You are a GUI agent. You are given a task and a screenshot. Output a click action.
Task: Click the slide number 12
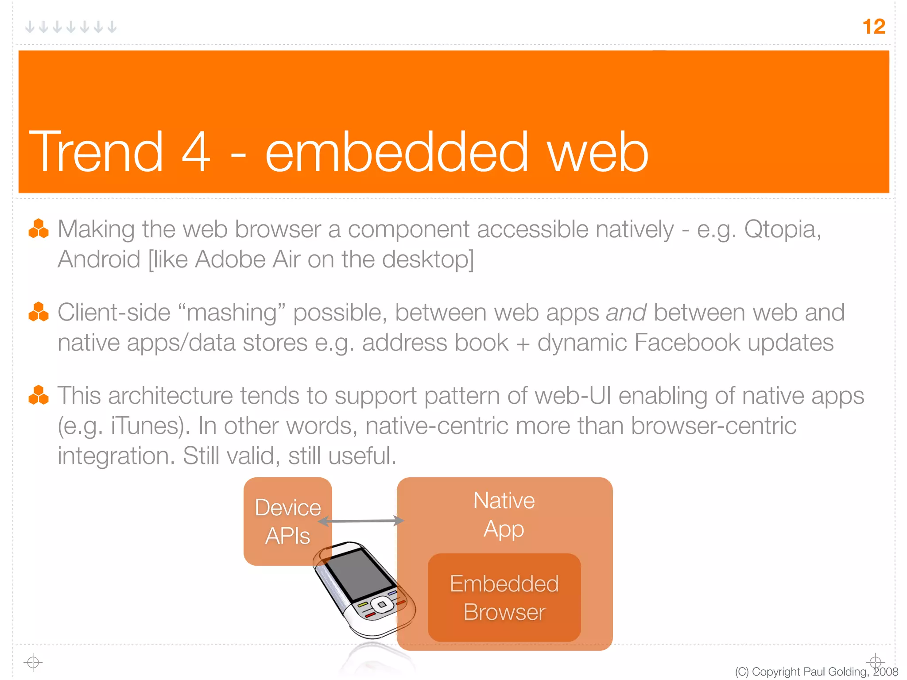pyautogui.click(x=874, y=27)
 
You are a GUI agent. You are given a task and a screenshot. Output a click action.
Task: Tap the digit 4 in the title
pyautogui.click(x=196, y=152)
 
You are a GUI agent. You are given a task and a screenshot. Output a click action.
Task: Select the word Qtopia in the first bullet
pyautogui.click(x=781, y=229)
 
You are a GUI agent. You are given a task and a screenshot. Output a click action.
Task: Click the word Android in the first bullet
pyautogui.click(x=99, y=259)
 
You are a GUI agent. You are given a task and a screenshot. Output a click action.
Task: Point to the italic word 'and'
pyautogui.click(x=626, y=313)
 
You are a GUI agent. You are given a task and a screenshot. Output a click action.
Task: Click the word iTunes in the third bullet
pyautogui.click(x=148, y=426)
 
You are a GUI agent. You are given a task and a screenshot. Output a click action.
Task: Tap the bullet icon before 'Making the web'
pyautogui.click(x=39, y=229)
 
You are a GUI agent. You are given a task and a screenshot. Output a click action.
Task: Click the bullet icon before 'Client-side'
pyautogui.click(x=39, y=312)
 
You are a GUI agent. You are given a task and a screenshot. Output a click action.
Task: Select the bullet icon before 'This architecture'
pyautogui.click(x=39, y=395)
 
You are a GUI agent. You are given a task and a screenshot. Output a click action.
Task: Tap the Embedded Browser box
pyautogui.click(x=504, y=598)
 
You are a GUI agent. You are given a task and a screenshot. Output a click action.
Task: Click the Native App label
pyautogui.click(x=504, y=514)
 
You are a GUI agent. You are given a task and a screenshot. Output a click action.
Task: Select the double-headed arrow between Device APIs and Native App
pyautogui.click(x=361, y=521)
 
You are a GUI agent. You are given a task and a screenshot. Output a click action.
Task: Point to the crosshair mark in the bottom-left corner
pyautogui.click(x=33, y=662)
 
